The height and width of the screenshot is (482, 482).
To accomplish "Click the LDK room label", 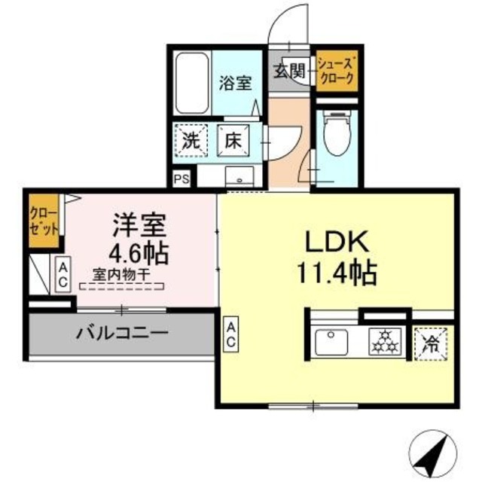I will [x=336, y=243].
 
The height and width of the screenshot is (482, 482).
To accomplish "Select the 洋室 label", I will [x=139, y=224].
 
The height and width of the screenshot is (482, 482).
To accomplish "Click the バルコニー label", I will [x=120, y=333].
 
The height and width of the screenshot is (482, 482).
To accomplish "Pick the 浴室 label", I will [x=235, y=83].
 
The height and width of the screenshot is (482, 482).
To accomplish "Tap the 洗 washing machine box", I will [x=191, y=139].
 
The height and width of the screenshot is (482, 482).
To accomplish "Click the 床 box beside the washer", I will [x=233, y=140].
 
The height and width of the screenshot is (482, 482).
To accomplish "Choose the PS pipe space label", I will [x=181, y=179].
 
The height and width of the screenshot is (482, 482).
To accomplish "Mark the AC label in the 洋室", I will [x=64, y=275].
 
